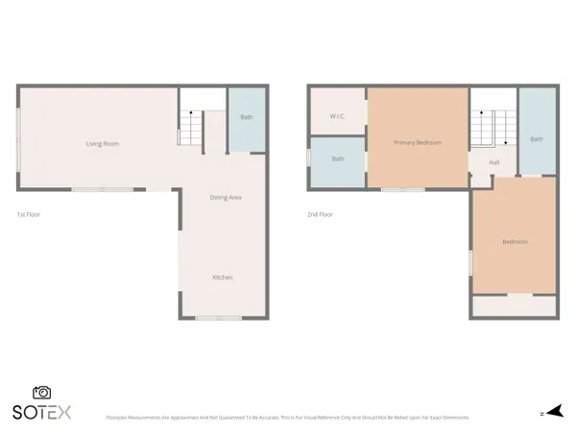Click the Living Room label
pyautogui.click(x=103, y=144)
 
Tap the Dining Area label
pyautogui.click(x=225, y=198)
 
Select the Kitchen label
pyautogui.click(x=222, y=277)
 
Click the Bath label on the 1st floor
pyautogui.click(x=247, y=117)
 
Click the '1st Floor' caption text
pyautogui.click(x=29, y=214)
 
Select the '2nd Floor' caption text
pyautogui.click(x=320, y=214)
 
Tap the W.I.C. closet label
pyautogui.click(x=337, y=116)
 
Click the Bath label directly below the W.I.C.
pyautogui.click(x=338, y=158)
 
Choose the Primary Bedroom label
pyautogui.click(x=418, y=143)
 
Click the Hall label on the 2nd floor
pyautogui.click(x=493, y=162)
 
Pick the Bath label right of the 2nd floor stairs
pyautogui.click(x=536, y=139)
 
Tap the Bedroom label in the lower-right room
pyautogui.click(x=515, y=242)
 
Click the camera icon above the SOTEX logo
pyautogui.click(x=41, y=393)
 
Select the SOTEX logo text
pyautogui.click(x=41, y=412)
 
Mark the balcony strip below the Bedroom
pyautogui.click(x=514, y=306)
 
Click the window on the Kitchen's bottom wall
pyautogui.click(x=218, y=318)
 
